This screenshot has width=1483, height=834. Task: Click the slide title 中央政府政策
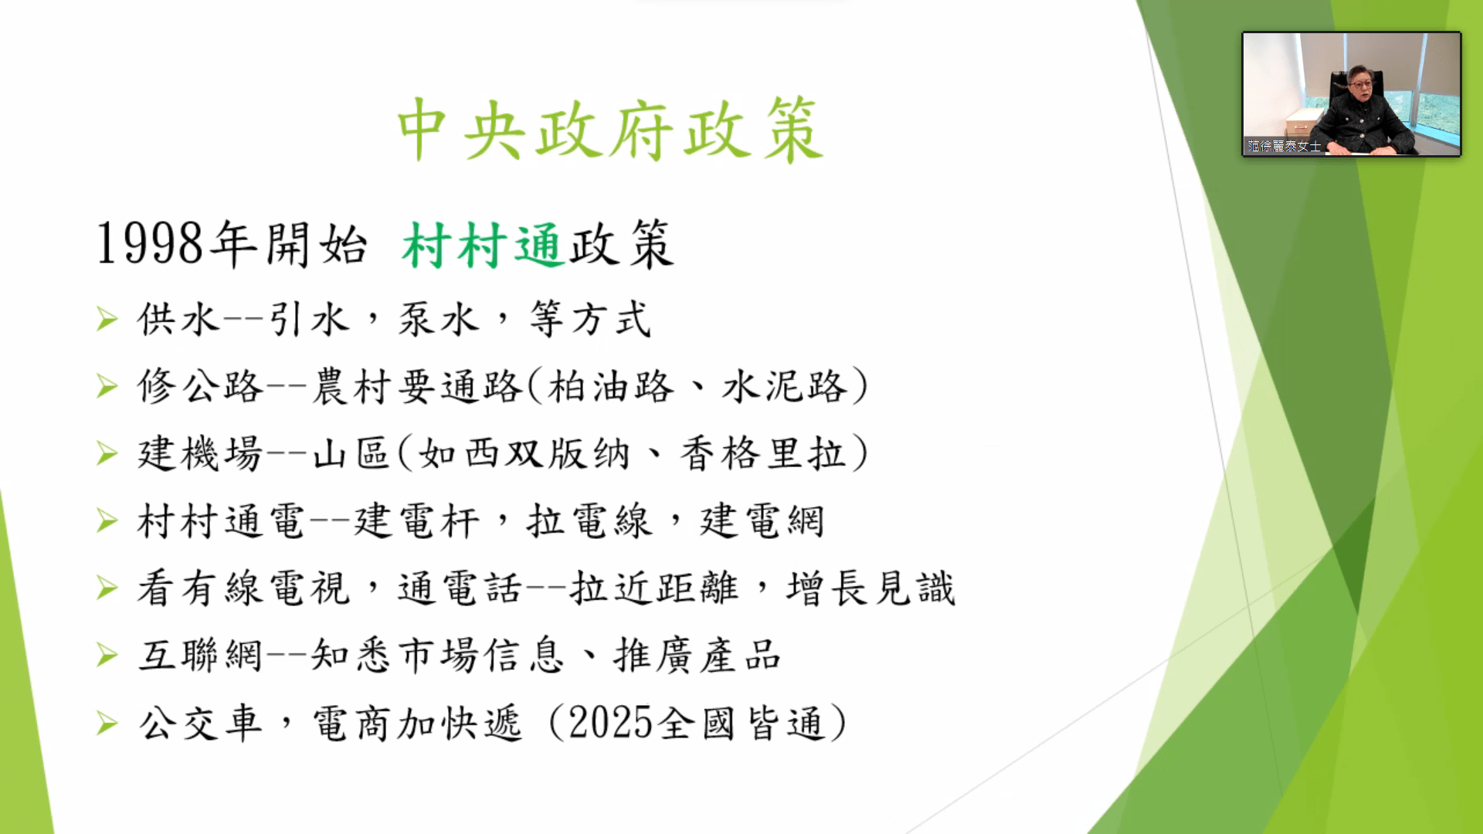(x=609, y=130)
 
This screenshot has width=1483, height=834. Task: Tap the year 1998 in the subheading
(x=150, y=244)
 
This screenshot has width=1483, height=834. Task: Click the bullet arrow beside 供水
(x=107, y=319)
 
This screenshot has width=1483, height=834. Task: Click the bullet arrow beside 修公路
(x=107, y=386)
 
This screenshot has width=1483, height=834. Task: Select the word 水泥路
(x=784, y=386)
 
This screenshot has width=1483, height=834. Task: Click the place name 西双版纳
(x=524, y=453)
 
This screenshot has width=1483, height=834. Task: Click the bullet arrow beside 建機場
(x=107, y=453)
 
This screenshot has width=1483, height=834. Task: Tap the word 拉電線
(x=589, y=520)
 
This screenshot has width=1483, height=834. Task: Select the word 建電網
(x=762, y=520)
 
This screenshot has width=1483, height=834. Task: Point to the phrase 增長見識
(x=870, y=588)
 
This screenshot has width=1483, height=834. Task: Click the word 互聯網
(x=201, y=656)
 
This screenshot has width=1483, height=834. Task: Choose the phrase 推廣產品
(x=697, y=656)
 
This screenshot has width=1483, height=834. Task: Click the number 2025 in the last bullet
(x=611, y=724)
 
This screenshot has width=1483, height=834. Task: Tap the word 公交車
(x=201, y=724)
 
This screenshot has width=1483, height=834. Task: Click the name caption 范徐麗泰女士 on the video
(x=1284, y=146)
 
